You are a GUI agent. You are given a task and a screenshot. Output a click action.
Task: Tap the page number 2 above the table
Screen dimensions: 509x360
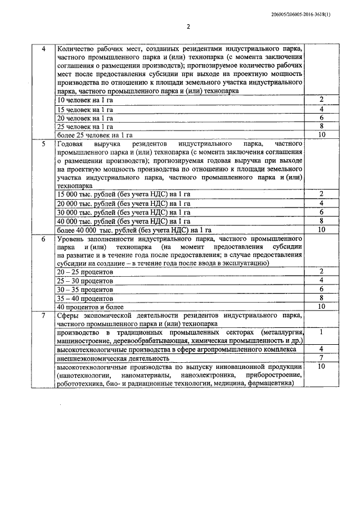click(x=188, y=26)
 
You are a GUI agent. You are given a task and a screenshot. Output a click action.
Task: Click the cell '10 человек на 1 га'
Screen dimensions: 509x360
click(x=81, y=100)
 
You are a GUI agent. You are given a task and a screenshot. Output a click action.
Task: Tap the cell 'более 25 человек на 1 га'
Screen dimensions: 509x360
click(x=95, y=136)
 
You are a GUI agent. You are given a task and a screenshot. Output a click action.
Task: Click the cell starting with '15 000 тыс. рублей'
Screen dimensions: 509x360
click(x=124, y=194)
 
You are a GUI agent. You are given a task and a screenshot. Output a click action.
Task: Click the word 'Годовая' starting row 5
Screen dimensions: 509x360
click(x=71, y=145)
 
